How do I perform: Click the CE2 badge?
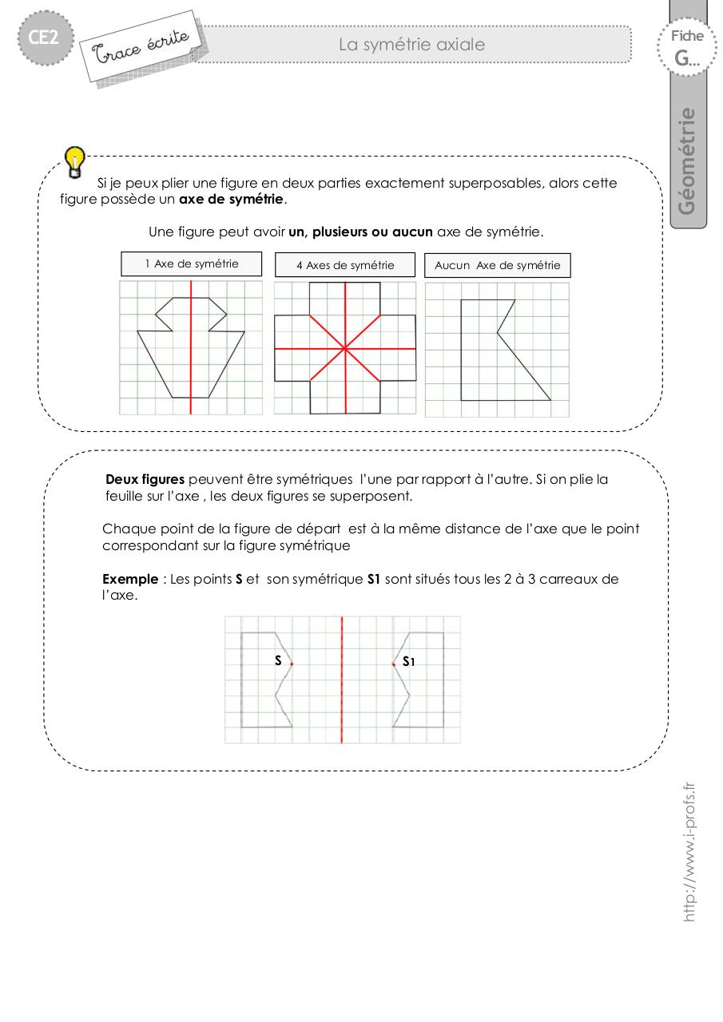pos(46,38)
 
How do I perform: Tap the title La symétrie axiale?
pos(411,45)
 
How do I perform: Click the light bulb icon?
pos(74,160)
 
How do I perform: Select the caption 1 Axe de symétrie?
pos(192,263)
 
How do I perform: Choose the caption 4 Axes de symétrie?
pos(345,265)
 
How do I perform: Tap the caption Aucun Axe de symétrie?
pos(498,265)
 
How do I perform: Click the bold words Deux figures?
pos(145,480)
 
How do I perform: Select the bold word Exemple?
pos(130,580)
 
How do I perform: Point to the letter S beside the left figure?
pos(278,660)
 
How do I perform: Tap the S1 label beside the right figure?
pos(408,661)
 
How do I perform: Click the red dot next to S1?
pos(394,664)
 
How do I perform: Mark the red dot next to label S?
pos(292,664)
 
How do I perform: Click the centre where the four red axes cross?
pos(345,348)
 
